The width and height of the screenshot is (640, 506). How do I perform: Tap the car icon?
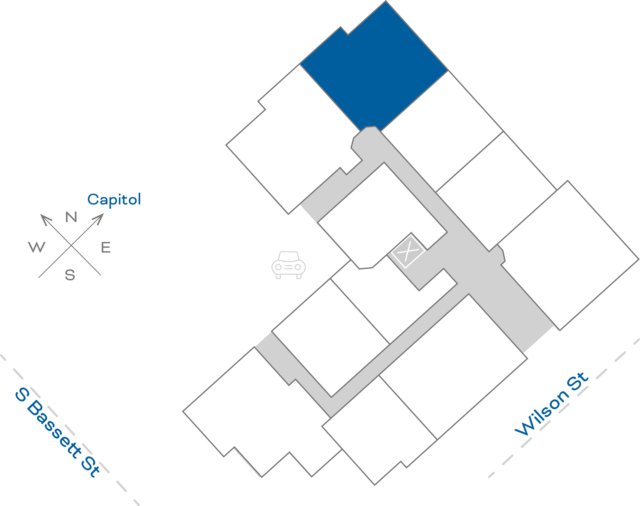pyautogui.click(x=288, y=265)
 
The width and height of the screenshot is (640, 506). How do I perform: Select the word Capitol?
pyautogui.click(x=114, y=199)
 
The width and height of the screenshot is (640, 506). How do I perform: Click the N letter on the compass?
pyautogui.click(x=71, y=217)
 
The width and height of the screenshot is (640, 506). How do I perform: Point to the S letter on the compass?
pyautogui.click(x=70, y=275)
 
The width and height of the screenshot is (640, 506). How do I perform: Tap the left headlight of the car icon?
pyautogui.click(x=278, y=267)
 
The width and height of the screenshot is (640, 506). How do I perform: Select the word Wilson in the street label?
pyautogui.click(x=540, y=415)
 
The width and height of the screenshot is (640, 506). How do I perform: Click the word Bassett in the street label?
pyautogui.click(x=55, y=430)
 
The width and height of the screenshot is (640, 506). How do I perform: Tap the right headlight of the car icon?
pyautogui.click(x=298, y=267)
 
